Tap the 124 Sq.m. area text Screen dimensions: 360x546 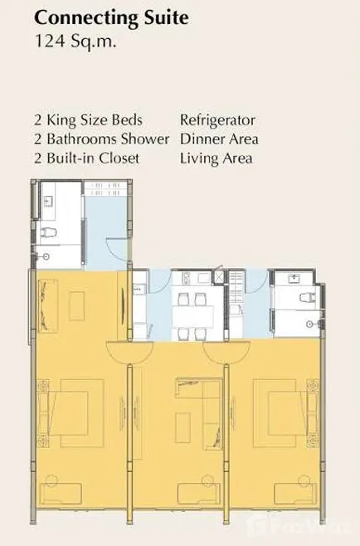point(75,41)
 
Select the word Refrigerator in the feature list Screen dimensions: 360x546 point(217,120)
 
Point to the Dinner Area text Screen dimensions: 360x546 point(219,139)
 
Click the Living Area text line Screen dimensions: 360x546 point(216,158)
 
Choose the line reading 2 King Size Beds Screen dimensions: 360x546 point(89,120)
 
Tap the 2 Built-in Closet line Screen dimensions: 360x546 point(87,158)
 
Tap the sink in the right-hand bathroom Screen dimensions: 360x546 point(295,278)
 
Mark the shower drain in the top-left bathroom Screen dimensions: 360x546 point(46,256)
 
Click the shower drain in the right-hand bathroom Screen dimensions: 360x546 point(309,324)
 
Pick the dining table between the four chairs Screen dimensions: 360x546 point(193,317)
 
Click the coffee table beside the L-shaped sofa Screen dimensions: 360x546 point(182,427)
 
